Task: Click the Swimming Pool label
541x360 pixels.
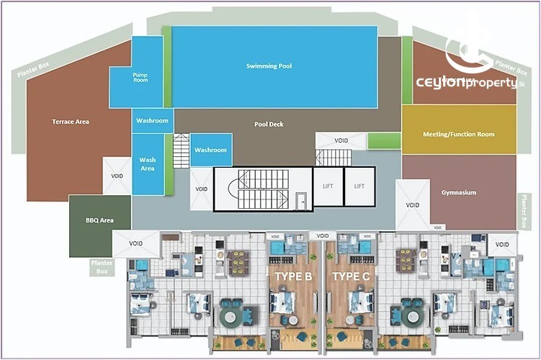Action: [x=269, y=66]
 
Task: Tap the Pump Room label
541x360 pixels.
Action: [x=140, y=76]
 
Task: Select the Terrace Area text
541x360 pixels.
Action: [x=71, y=122]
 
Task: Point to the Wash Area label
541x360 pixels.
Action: [x=147, y=164]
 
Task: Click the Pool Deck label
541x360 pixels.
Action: [x=269, y=124]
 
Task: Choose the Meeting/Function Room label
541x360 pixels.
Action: [x=459, y=134]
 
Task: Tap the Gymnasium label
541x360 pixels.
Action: [x=459, y=192]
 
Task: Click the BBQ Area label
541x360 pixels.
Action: [x=99, y=220]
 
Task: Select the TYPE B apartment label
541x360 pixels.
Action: [x=293, y=276]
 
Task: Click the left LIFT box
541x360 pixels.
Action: [x=328, y=186]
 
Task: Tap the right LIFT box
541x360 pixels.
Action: [x=359, y=186]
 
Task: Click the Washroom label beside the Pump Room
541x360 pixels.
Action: [x=152, y=120]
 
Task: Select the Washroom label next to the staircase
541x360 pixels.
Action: [x=210, y=150]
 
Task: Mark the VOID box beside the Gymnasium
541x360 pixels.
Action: [x=411, y=205]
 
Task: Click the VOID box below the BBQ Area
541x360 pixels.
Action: [x=136, y=243]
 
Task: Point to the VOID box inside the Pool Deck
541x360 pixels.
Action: [x=341, y=140]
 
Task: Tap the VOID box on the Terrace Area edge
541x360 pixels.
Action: [x=117, y=176]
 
